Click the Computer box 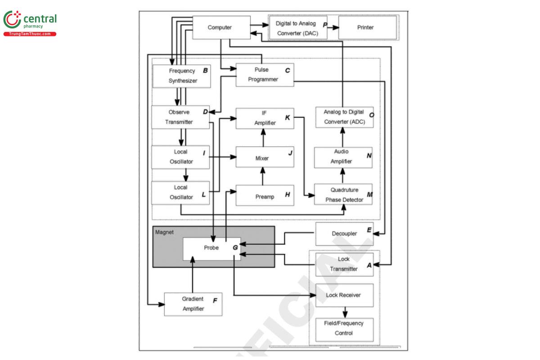point(221,27)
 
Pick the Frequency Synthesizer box point(182,76)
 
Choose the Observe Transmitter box point(180,117)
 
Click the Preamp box point(265,196)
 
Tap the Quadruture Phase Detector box point(343,195)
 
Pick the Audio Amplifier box point(343,157)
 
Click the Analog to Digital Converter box point(344,117)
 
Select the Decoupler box point(344,234)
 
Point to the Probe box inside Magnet point(212,248)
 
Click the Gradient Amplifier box point(193,304)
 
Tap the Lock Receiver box point(344,295)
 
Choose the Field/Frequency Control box point(344,328)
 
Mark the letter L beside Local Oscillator point(204,195)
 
